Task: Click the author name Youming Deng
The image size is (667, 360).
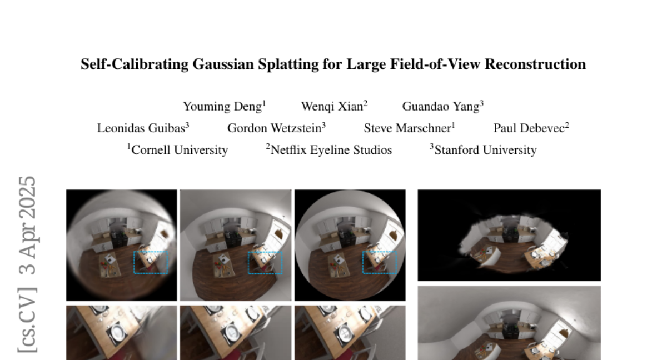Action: pyautogui.click(x=222, y=107)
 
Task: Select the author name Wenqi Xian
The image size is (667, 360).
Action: pyautogui.click(x=332, y=107)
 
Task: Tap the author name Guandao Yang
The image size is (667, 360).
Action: pyautogui.click(x=441, y=107)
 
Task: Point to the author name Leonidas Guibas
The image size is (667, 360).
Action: pyautogui.click(x=141, y=128)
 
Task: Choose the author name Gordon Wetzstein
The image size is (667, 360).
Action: pyautogui.click(x=274, y=128)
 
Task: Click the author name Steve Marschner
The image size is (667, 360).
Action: pyautogui.click(x=407, y=128)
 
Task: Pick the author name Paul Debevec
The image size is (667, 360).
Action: pyautogui.click(x=529, y=128)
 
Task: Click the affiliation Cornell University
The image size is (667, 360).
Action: pyautogui.click(x=180, y=150)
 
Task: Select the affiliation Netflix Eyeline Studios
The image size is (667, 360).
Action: pyautogui.click(x=331, y=150)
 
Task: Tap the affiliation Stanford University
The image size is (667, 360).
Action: pyautogui.click(x=485, y=150)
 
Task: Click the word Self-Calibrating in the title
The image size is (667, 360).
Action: pyautogui.click(x=135, y=64)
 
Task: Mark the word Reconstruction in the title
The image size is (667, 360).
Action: pyautogui.click(x=535, y=64)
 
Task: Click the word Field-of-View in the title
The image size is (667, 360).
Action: pyautogui.click(x=435, y=64)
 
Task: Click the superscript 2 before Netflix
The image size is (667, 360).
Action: pyautogui.click(x=268, y=146)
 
